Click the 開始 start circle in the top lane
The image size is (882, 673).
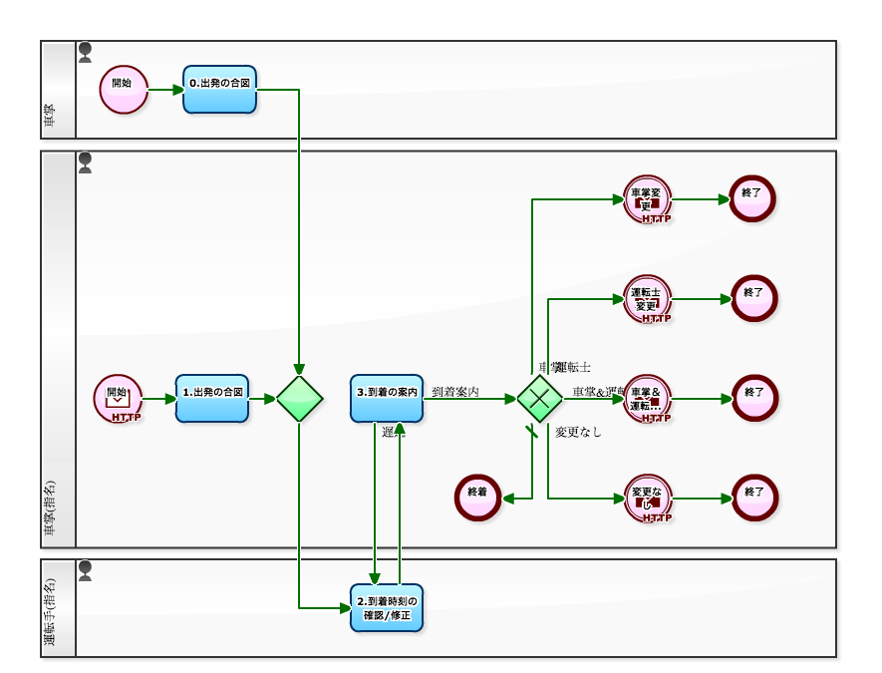click(124, 90)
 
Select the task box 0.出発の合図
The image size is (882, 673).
click(220, 90)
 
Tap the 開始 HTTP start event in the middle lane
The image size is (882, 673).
click(119, 399)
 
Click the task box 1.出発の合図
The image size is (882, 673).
click(212, 399)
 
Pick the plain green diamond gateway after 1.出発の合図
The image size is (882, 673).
click(300, 399)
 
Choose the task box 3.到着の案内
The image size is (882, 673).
click(387, 399)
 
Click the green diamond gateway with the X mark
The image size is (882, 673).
click(540, 399)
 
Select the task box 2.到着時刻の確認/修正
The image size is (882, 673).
click(387, 608)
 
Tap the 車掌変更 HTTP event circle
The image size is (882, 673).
click(648, 199)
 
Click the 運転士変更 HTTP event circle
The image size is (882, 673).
click(648, 299)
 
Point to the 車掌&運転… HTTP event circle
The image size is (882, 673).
click(648, 399)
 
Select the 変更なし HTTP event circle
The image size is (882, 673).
click(648, 499)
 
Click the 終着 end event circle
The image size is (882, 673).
click(478, 498)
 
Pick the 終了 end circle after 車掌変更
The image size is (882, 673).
click(752, 198)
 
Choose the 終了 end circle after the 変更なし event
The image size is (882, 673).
click(754, 498)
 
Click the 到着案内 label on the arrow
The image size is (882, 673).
click(455, 392)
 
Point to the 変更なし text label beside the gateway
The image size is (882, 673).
click(579, 433)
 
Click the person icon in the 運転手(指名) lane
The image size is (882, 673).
click(86, 570)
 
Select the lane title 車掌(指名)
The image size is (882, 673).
click(51, 512)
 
